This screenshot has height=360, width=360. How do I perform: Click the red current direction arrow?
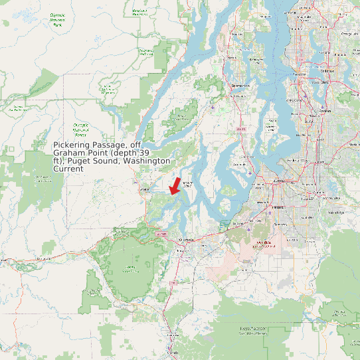(175, 185)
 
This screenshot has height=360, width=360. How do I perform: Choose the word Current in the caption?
(68, 169)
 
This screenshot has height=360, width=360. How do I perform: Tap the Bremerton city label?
(240, 86)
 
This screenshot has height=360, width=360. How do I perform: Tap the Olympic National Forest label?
(81, 128)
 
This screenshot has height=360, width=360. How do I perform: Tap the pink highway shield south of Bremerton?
(240, 128)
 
